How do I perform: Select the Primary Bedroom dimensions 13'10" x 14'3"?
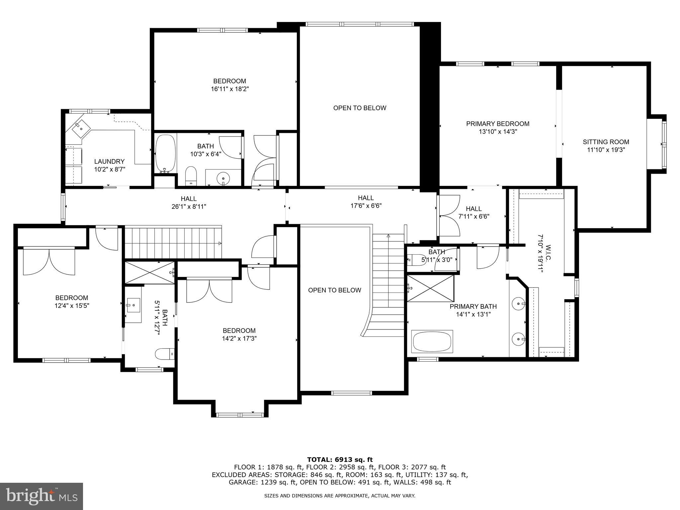[497, 131]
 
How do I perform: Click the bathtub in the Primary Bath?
[432, 341]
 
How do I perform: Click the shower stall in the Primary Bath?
[430, 288]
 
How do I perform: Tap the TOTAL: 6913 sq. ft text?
[340, 460]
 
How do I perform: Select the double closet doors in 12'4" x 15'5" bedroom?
[49, 261]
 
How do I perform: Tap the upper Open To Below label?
[360, 108]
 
